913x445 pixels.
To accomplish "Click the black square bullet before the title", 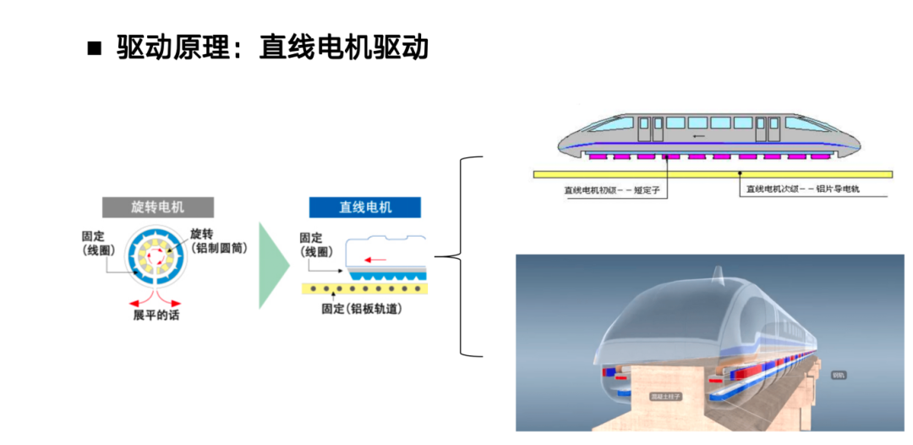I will tap(94, 48).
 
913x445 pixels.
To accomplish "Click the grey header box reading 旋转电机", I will tap(158, 207).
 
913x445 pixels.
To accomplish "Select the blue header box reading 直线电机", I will tap(364, 207).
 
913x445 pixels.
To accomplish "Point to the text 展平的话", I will tap(156, 316).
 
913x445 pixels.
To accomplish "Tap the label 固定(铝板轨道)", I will tap(361, 310).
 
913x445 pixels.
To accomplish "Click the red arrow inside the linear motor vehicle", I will tap(374, 259).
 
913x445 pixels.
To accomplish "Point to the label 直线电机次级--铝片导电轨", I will tap(802, 190).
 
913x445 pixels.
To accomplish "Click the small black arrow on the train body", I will tap(697, 135).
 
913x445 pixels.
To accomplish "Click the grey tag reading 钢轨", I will tap(839, 374).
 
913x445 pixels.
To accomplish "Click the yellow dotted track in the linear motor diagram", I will tap(364, 288).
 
